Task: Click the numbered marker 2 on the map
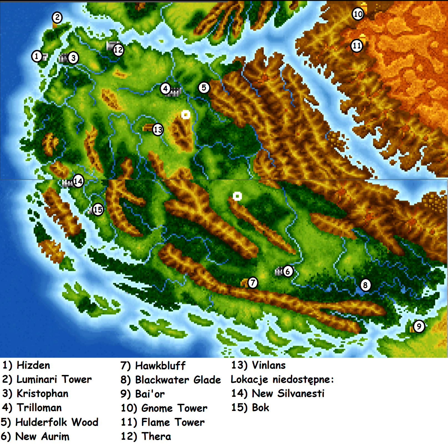click(57, 18)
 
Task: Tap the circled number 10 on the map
click(358, 14)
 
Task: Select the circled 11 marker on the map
click(357, 46)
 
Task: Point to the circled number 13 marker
click(158, 129)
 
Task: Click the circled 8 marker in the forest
click(365, 285)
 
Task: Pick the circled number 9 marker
click(419, 326)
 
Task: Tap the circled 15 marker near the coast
click(98, 210)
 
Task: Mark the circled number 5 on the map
click(204, 88)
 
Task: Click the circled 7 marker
click(252, 283)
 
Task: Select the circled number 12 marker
click(118, 50)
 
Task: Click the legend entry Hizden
click(26, 366)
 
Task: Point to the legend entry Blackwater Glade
click(171, 380)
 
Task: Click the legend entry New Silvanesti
click(278, 394)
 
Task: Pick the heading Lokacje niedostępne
click(282, 379)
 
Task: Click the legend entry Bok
click(250, 408)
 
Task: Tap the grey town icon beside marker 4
click(176, 91)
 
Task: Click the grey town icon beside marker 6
click(279, 271)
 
